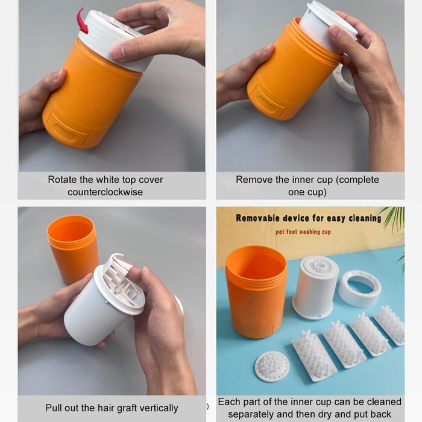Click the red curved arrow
81,21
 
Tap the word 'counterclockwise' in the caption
105,192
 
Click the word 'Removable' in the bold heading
258,218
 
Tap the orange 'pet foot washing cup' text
303,231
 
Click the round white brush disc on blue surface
272,367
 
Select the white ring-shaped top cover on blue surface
359,289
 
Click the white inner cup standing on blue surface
315,288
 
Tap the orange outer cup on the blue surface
256,292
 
